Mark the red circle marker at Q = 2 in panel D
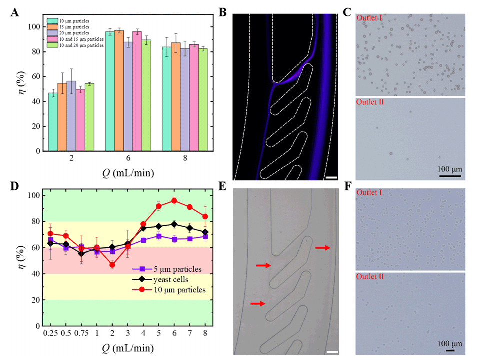[112, 265]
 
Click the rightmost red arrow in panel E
[323, 247]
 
